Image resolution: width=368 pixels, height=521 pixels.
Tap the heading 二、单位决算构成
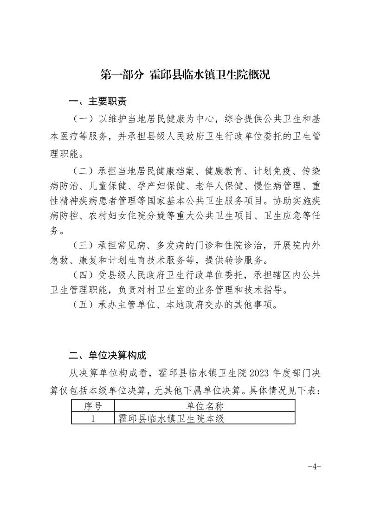coord(107,356)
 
